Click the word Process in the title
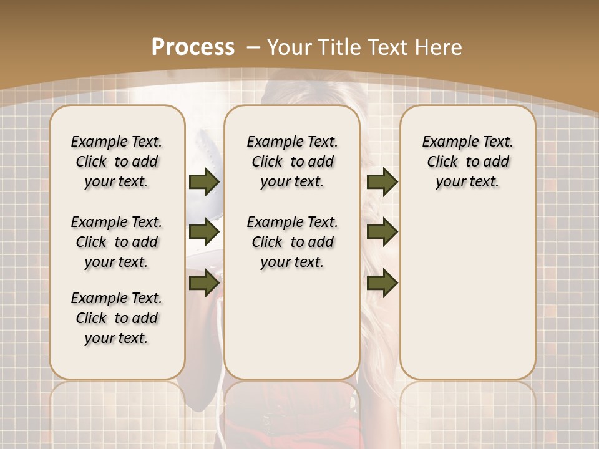(193, 47)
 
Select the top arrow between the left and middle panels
(204, 182)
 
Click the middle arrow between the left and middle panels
(204, 233)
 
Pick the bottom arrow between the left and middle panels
(204, 283)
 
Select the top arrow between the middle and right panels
(382, 182)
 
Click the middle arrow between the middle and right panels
(382, 233)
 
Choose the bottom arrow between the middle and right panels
(382, 283)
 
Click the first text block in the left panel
(117, 162)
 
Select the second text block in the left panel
(117, 242)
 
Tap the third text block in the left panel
(117, 318)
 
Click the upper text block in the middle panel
(292, 162)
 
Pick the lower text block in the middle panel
(292, 242)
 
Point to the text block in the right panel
(468, 162)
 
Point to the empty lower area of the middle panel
(292, 324)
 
